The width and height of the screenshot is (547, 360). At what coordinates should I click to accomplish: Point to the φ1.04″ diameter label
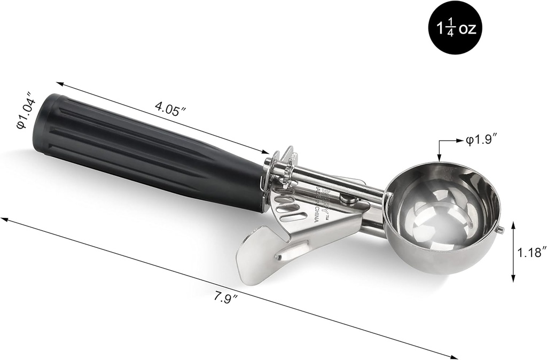tap(26, 113)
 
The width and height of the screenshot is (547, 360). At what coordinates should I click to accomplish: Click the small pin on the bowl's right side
tap(501, 230)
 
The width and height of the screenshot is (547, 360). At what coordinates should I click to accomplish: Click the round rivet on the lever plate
tap(350, 199)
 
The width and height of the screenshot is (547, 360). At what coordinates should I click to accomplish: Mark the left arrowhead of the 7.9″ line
tap(4, 219)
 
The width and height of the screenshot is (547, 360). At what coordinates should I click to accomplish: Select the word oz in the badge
tap(466, 29)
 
